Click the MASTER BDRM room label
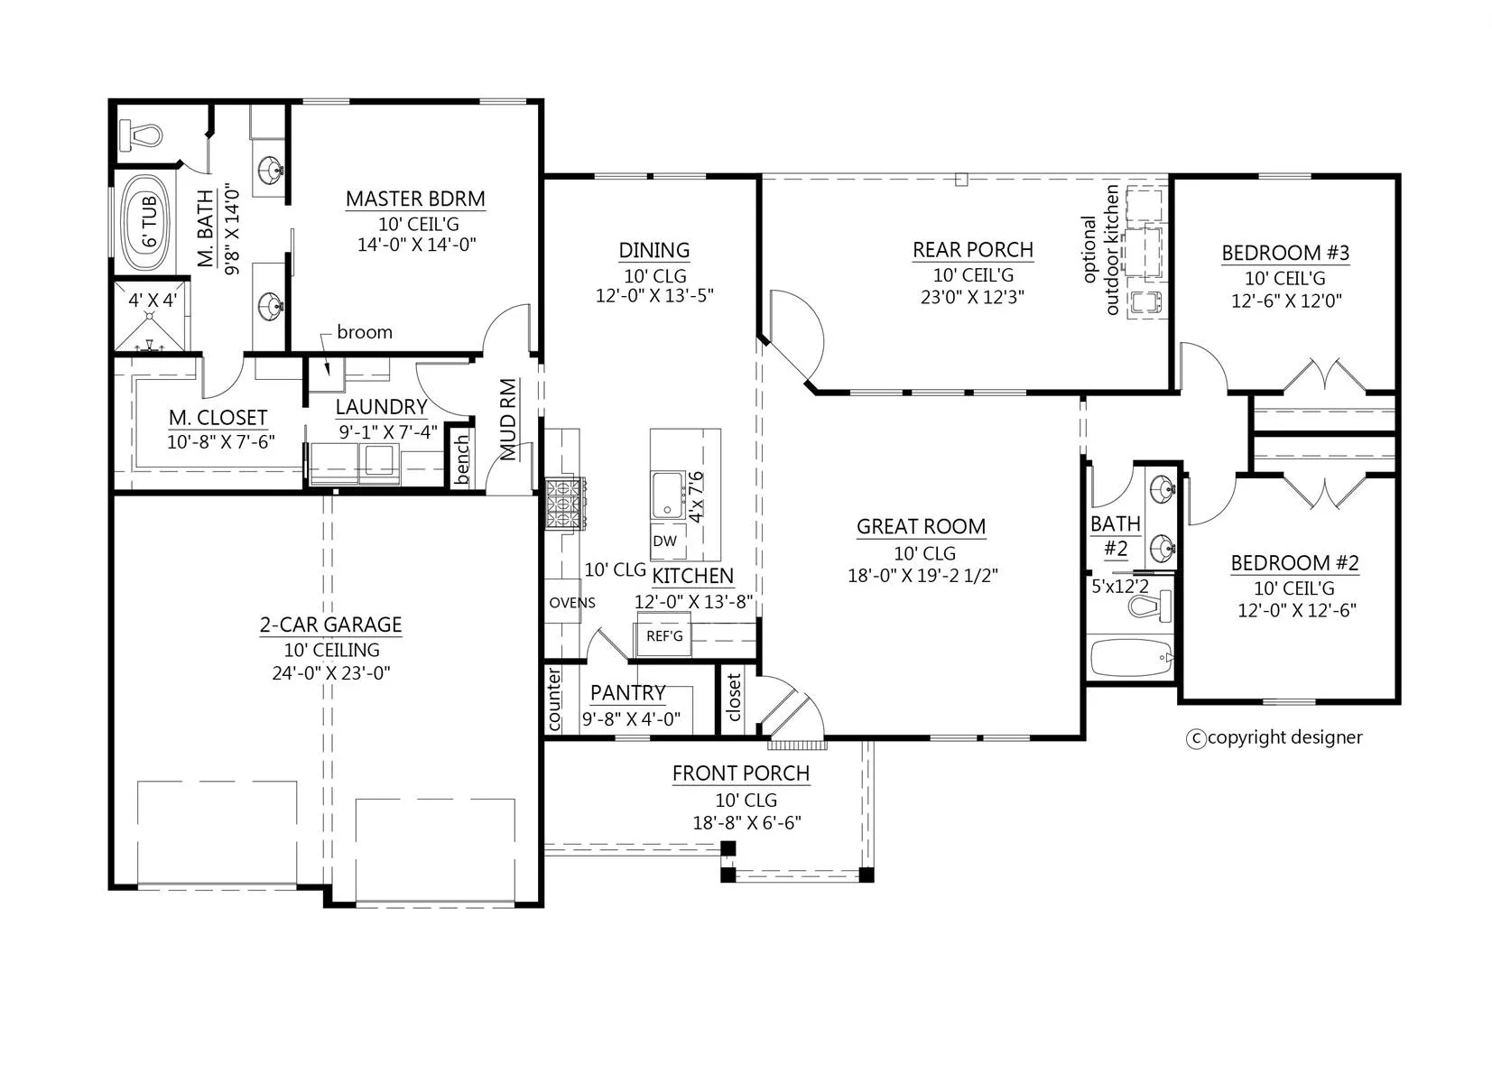tap(415, 199)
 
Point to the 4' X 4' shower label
tap(153, 301)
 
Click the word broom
tap(365, 332)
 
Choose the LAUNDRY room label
tap(381, 407)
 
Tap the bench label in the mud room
tap(461, 460)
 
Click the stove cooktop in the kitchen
tap(566, 504)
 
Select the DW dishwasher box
tap(664, 541)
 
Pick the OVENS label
tap(572, 603)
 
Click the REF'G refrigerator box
tap(664, 636)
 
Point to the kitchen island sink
tap(668, 495)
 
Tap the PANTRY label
tap(627, 693)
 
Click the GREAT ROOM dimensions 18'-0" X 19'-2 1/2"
tap(922, 575)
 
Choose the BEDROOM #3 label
tap(1284, 253)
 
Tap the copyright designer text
tap(1274, 737)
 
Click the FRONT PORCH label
tap(741, 773)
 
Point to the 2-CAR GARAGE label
tap(331, 625)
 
